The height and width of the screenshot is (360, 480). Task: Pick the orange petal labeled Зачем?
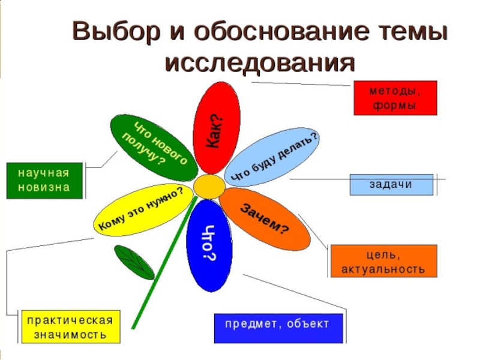264,218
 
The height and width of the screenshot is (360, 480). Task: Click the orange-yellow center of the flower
208,187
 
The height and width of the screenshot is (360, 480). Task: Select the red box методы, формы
395,98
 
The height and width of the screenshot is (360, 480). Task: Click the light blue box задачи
391,184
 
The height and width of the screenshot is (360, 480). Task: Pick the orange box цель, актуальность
383,261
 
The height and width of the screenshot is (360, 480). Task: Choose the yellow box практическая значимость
70,327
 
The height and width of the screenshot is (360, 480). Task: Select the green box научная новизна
43,180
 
